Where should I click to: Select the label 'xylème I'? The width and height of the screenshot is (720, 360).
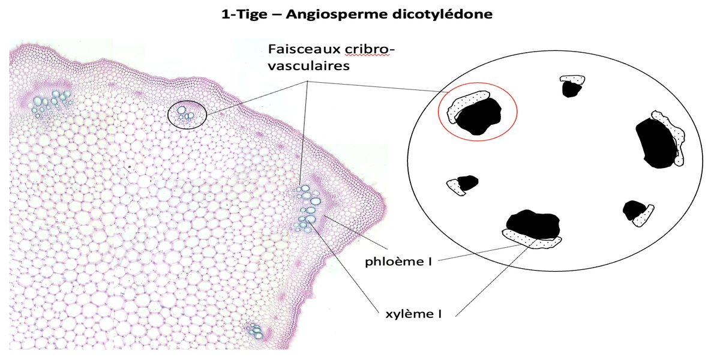tap(412, 313)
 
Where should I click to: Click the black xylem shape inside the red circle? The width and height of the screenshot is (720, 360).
tap(478, 116)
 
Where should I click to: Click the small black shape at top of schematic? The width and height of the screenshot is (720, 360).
tap(571, 89)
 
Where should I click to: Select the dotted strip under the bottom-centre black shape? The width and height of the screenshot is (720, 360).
tap(533, 241)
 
